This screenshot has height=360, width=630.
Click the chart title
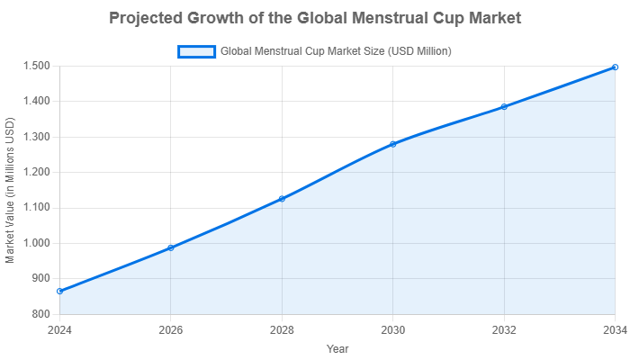(x=315, y=18)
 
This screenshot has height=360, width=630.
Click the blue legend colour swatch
(x=197, y=51)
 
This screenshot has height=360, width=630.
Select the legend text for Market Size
(x=336, y=51)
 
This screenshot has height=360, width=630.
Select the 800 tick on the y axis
(x=42, y=314)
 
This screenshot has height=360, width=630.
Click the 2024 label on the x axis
(x=59, y=329)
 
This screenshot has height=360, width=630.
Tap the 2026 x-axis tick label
(x=170, y=329)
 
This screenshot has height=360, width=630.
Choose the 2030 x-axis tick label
(x=392, y=329)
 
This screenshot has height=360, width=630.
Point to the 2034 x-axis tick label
(x=614, y=329)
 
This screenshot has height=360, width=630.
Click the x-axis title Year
(x=337, y=348)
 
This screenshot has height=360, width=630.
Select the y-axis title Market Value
(x=10, y=190)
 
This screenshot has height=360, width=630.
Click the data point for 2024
(x=59, y=291)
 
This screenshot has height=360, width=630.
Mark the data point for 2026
(x=170, y=247)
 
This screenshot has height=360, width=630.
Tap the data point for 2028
(x=282, y=198)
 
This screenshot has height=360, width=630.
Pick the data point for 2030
(x=392, y=143)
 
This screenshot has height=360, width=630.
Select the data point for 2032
(x=504, y=106)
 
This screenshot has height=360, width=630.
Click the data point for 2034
(x=615, y=67)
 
